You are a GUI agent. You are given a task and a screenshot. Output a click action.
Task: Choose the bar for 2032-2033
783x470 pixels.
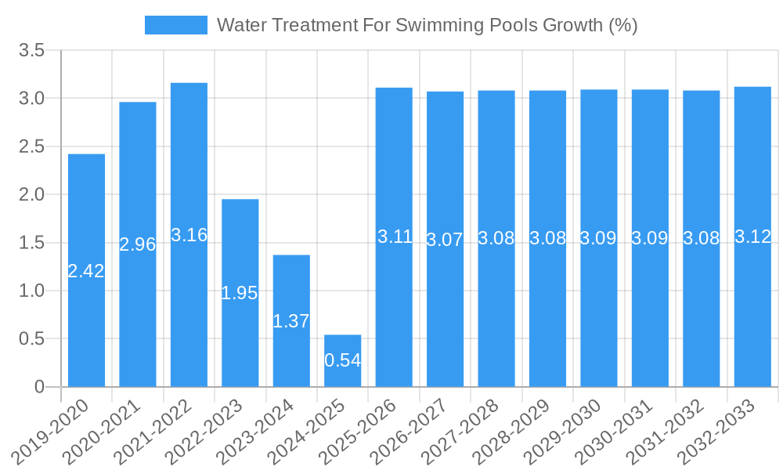[752, 313]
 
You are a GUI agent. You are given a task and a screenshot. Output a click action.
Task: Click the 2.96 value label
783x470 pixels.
[138, 244]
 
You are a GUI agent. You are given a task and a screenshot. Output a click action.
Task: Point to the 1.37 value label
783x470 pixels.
[291, 321]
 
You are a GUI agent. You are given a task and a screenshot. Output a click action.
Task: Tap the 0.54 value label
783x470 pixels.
[342, 360]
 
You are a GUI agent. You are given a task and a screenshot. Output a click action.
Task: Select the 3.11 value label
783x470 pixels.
[394, 237]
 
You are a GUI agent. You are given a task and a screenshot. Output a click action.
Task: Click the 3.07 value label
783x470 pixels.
[445, 240]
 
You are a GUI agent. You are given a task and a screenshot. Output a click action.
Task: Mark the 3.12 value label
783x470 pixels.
[752, 237]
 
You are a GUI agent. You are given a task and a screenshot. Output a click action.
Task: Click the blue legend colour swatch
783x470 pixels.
[176, 25]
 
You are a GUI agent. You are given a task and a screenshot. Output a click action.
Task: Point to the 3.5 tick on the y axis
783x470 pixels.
[32, 50]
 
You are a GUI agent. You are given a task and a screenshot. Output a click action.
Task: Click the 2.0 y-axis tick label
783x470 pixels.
[32, 194]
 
